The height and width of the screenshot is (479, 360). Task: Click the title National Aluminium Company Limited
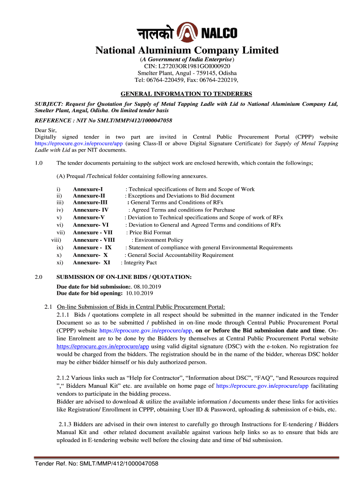187,50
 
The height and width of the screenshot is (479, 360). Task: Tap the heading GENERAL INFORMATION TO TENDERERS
187,94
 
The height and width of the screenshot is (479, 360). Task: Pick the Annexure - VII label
93,232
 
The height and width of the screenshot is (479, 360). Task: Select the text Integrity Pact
140,262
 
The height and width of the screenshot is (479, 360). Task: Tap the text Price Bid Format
150,232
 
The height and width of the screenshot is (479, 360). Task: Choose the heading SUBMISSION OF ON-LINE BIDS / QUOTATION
124,277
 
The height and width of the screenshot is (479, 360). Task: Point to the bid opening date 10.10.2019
139,293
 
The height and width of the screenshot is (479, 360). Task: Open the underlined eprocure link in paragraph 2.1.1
103,347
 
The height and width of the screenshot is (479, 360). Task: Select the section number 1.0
39,163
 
